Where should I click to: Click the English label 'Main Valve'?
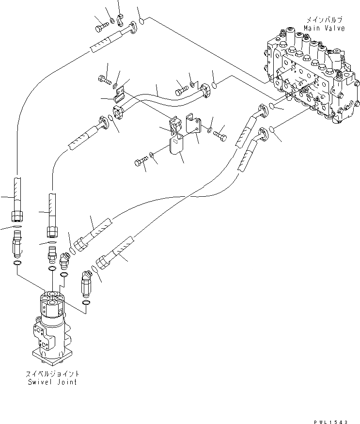click(324, 28)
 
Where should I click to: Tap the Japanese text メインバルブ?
click(324, 20)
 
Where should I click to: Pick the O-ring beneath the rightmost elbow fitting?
click(86, 303)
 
